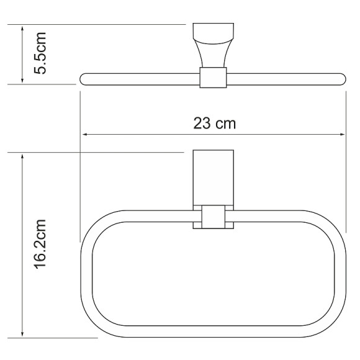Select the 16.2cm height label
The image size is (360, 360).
click(39, 244)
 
